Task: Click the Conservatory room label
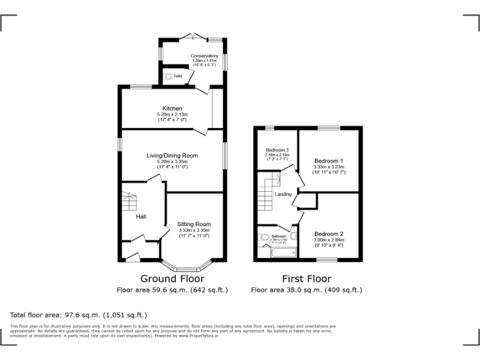coord(204,56)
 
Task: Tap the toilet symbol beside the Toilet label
coord(167,76)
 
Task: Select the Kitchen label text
coord(172,108)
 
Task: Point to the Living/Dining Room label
coord(172,155)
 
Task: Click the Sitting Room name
coord(194,224)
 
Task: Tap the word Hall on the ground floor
coord(141,216)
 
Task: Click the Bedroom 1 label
coord(328,161)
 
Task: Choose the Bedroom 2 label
coord(328,234)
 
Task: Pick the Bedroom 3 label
coord(277,150)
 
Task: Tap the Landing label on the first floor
coord(283,194)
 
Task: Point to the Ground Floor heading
coord(172,279)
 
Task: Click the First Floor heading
coord(306,279)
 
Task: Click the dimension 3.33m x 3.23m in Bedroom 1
coord(328,167)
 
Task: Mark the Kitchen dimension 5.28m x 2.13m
coord(172,114)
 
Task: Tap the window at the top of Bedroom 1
coord(328,128)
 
